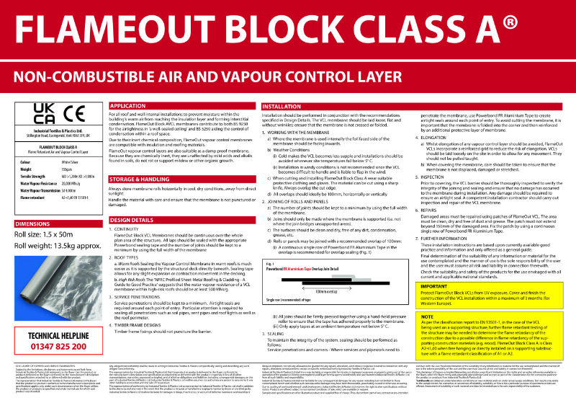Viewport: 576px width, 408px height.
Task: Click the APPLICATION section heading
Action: pyautogui.click(x=127, y=106)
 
